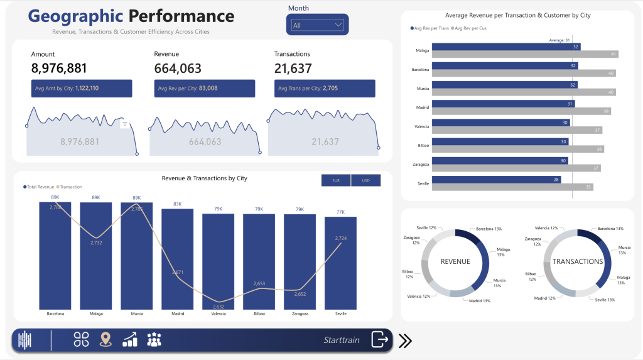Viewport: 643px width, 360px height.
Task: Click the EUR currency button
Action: pos(335,180)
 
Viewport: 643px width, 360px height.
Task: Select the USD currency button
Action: pos(365,180)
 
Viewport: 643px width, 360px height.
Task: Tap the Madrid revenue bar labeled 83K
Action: pos(178,264)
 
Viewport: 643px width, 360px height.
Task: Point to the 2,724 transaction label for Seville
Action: pos(341,238)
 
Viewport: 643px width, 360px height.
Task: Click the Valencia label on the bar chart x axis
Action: pos(219,313)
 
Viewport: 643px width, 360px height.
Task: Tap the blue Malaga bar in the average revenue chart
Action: pos(496,46)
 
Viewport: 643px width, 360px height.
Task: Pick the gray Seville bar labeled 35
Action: pos(503,187)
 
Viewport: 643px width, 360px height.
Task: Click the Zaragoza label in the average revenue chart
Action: pos(421,164)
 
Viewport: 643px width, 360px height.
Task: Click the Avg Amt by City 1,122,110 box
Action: pos(82,88)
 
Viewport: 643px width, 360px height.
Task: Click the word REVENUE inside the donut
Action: pos(455,261)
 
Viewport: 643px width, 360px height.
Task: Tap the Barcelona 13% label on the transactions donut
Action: pos(610,229)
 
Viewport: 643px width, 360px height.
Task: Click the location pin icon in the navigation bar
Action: pos(105,340)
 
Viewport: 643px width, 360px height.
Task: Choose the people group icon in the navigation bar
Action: pos(154,340)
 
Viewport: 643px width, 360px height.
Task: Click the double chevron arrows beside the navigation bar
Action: pos(406,341)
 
